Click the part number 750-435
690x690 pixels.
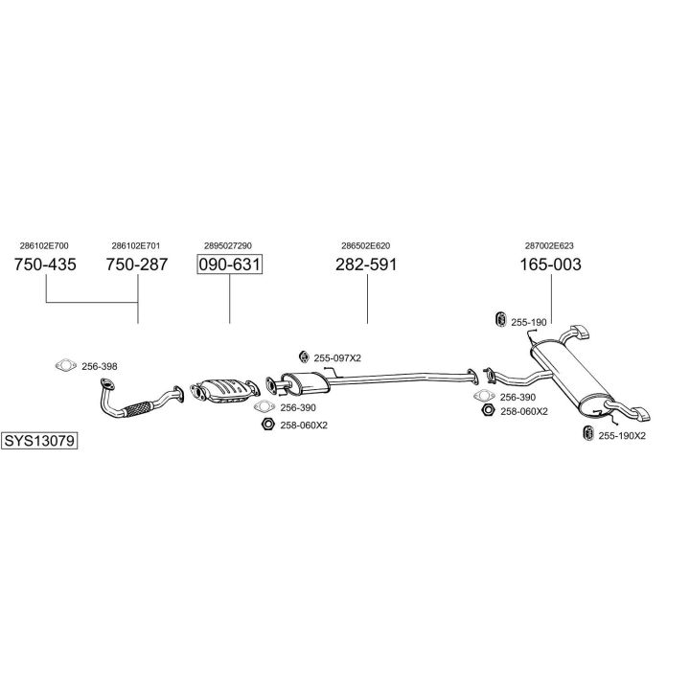click(46, 264)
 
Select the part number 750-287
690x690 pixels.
click(136, 264)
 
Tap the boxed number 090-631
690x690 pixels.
click(230, 264)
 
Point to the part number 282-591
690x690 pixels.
click(366, 264)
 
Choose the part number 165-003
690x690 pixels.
click(551, 264)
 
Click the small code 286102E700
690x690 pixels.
click(44, 245)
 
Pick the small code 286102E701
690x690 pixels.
click(135, 245)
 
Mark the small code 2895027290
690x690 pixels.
click(228, 245)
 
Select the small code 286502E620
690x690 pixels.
click(366, 245)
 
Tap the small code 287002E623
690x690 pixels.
click(549, 245)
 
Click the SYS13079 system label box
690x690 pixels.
click(39, 442)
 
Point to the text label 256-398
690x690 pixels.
click(101, 366)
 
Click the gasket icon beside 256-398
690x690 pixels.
click(66, 365)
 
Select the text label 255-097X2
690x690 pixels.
click(338, 357)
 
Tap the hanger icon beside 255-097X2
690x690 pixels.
click(304, 356)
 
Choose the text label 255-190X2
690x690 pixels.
click(622, 435)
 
